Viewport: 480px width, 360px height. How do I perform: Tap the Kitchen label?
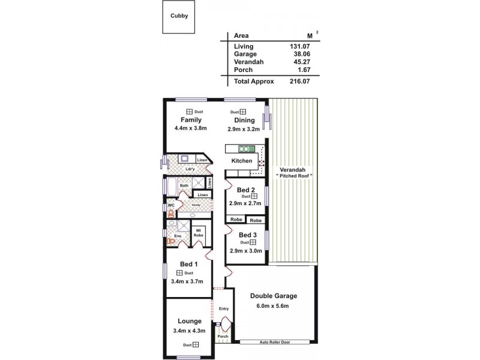[x=242, y=161]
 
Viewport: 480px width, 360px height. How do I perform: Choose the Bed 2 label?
[x=246, y=190]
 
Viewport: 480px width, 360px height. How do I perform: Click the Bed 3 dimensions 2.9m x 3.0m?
[x=245, y=251]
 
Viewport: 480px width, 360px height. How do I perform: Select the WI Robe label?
[x=198, y=232]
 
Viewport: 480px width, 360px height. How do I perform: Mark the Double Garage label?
[x=273, y=296]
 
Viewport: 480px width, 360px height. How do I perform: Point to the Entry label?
[x=224, y=309]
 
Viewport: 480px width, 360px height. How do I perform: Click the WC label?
[x=170, y=205]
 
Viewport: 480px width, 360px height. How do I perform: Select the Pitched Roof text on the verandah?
[x=294, y=175]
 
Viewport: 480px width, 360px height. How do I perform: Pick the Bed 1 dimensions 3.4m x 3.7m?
[x=188, y=281]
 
